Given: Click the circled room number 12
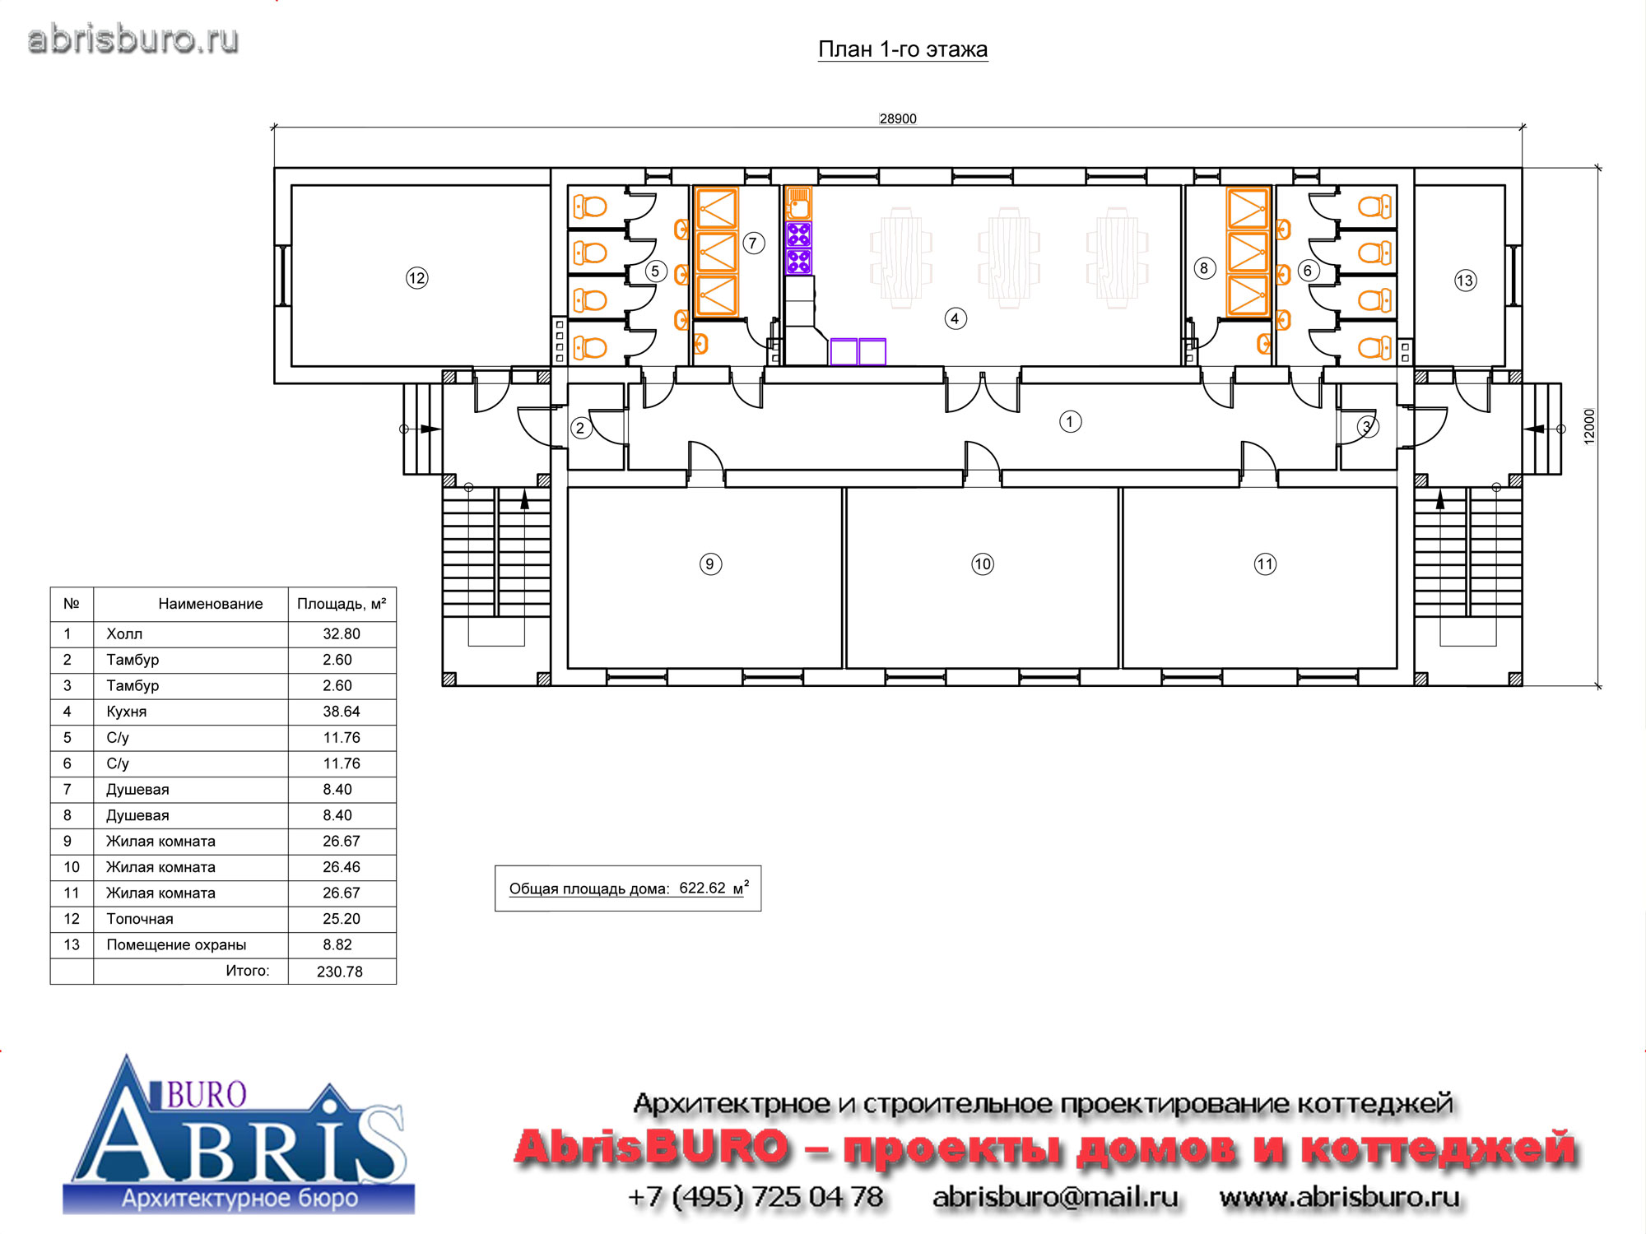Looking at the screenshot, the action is tap(417, 278).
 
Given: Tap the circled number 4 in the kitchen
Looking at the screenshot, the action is tap(955, 318).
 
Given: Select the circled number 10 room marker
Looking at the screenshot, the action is tap(983, 564).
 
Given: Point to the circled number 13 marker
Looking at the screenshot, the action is tap(1465, 281).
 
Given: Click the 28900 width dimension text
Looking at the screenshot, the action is tap(898, 118).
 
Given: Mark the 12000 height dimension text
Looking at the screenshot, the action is tap(1589, 426).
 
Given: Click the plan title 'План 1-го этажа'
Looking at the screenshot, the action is tap(903, 49).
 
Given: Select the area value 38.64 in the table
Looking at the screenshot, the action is tap(342, 712).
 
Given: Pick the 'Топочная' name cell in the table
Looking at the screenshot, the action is tap(140, 919).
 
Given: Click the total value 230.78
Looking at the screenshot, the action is tap(340, 972).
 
